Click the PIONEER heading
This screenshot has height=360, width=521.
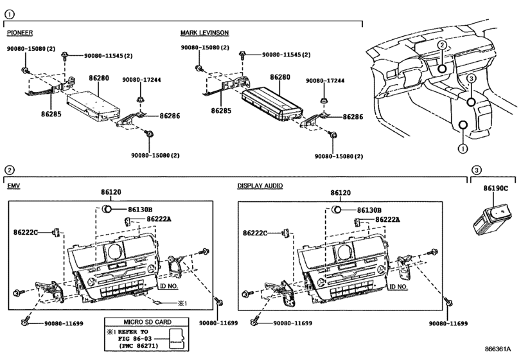20,33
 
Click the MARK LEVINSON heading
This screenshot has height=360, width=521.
204,33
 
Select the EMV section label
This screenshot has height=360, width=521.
13,186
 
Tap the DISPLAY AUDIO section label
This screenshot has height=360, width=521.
260,186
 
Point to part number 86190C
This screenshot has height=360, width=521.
495,188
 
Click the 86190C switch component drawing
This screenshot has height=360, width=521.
491,219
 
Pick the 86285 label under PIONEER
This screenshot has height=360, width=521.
51,114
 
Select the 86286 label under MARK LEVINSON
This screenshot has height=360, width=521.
353,116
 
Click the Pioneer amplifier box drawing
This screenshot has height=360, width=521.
93,105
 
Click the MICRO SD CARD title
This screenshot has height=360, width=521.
148,322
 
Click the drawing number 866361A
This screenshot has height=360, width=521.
497,349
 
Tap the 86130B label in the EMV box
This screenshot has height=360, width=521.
140,210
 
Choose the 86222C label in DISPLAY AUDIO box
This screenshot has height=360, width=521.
255,233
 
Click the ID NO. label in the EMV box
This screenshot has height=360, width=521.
169,286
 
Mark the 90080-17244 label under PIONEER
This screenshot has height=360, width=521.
141,80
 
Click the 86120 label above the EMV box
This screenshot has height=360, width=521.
111,192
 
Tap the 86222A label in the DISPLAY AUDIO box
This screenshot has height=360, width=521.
388,219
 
